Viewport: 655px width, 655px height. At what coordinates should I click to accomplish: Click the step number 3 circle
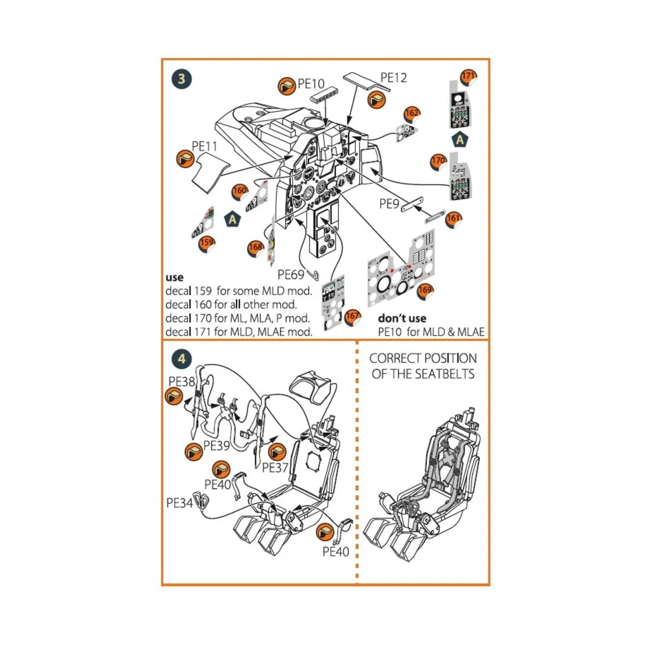click(182, 79)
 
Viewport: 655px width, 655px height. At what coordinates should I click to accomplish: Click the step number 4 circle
click(182, 359)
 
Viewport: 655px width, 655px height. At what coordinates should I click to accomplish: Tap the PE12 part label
click(394, 78)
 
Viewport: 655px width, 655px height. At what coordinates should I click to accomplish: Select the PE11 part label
click(205, 146)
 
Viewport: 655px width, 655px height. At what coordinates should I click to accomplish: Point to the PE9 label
click(390, 204)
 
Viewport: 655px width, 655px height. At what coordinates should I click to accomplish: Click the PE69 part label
click(291, 274)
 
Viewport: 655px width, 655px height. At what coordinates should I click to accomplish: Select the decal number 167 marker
click(353, 317)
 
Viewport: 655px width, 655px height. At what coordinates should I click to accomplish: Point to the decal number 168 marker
click(255, 248)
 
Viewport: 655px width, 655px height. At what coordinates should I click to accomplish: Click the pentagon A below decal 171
click(460, 140)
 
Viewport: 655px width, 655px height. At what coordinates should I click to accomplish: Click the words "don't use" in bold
click(402, 318)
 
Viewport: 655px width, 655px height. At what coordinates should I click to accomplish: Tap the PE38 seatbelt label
click(182, 381)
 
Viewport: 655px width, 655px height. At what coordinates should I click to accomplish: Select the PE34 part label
click(180, 503)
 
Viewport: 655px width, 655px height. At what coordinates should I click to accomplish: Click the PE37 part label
click(275, 467)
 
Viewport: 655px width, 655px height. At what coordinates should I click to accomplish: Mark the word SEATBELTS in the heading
click(445, 374)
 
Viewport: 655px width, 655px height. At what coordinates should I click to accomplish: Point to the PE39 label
click(217, 445)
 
